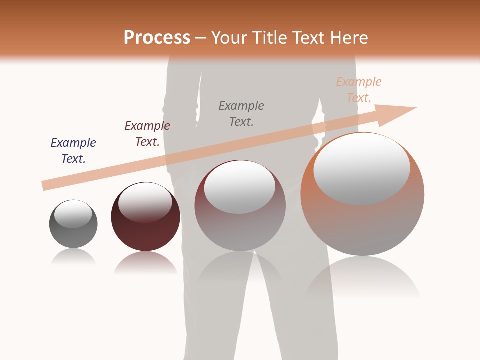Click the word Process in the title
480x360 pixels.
157,37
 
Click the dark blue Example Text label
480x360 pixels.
73,151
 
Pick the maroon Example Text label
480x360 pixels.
147,134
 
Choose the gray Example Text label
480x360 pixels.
241,114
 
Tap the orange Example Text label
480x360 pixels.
359,90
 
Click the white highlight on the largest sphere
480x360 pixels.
361,168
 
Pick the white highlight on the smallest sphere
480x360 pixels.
73,214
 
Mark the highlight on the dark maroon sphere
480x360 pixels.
145,201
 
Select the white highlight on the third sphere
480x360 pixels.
240,187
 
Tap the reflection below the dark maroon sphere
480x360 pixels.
145,262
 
